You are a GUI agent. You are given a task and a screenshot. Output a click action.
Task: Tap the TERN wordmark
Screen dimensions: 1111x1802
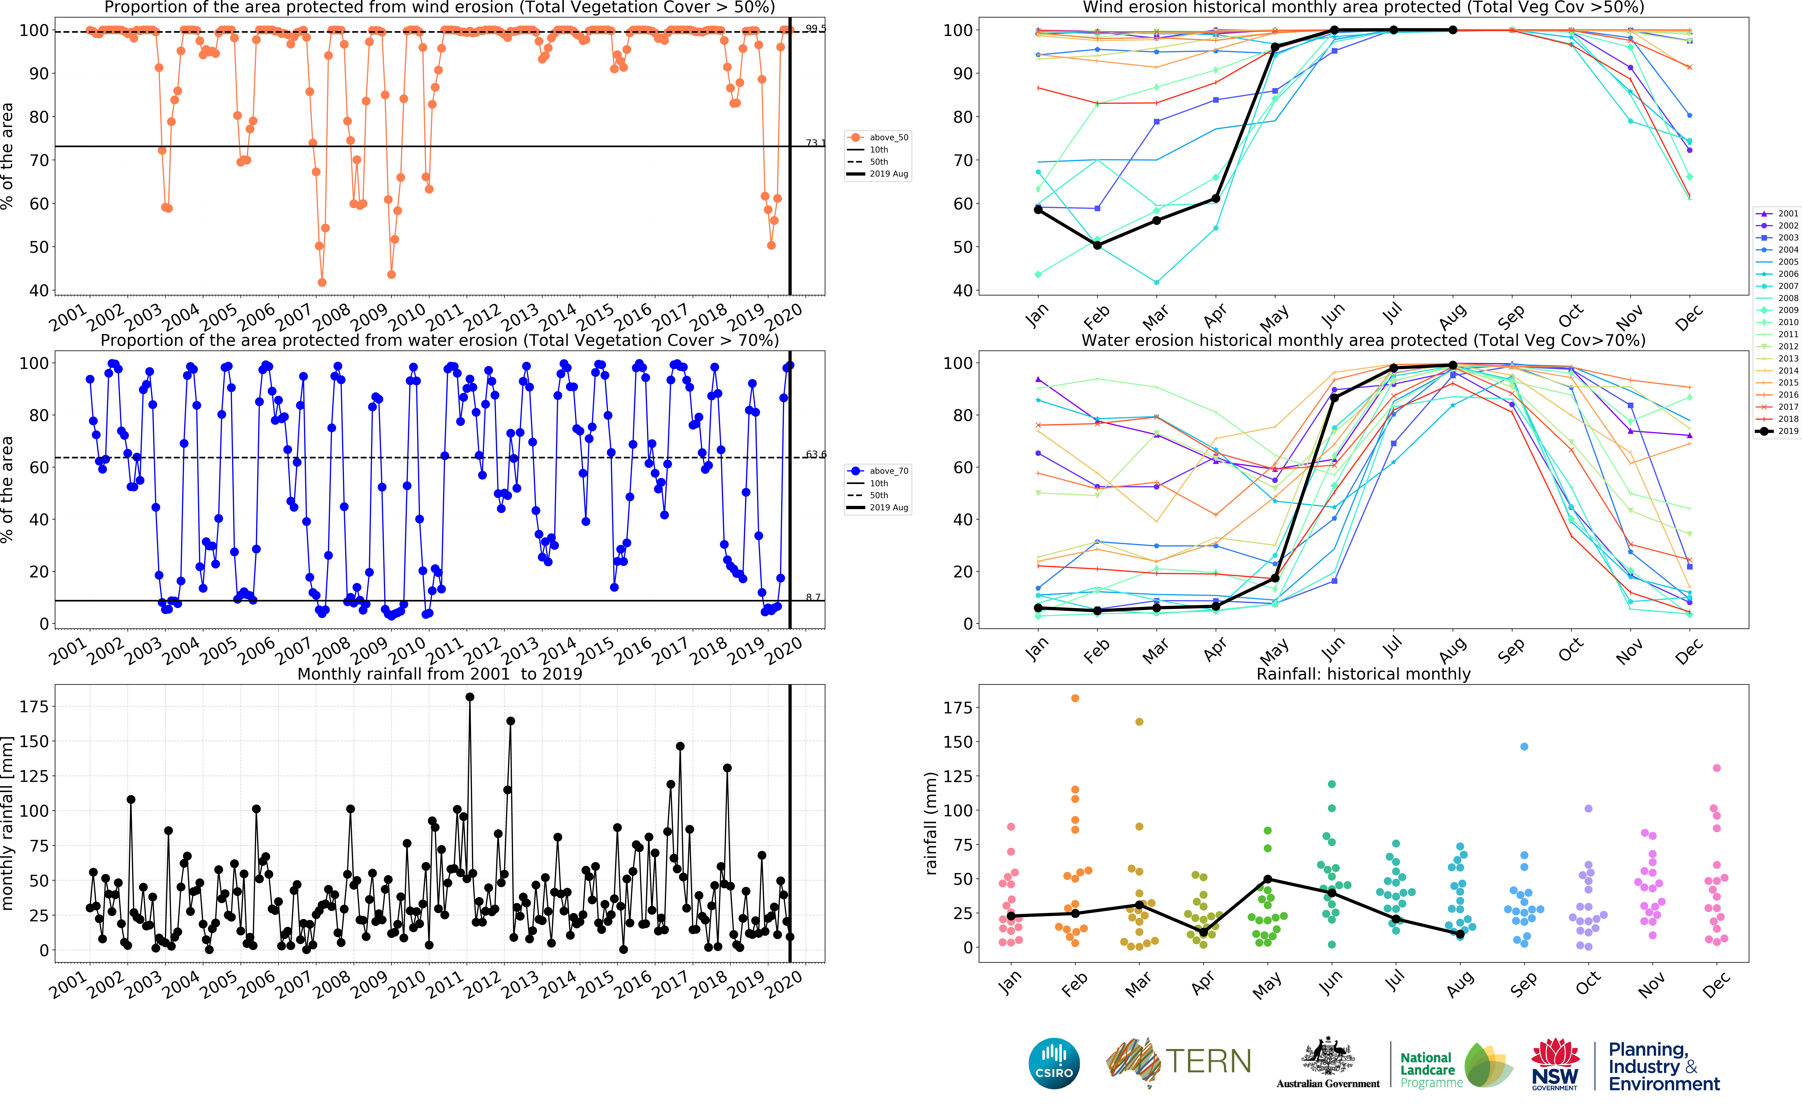coord(1208,1061)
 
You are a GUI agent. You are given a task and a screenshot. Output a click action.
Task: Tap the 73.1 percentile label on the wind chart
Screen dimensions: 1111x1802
coord(815,143)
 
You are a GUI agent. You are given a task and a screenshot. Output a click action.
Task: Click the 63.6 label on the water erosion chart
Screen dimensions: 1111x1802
coord(815,454)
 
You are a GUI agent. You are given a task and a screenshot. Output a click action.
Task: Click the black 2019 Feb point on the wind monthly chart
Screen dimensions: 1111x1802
coord(1097,245)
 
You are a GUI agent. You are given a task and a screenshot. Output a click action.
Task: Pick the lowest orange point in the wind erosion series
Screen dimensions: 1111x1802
coord(322,282)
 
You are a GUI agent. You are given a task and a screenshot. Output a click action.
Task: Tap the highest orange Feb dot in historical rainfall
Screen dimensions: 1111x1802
coord(1075,698)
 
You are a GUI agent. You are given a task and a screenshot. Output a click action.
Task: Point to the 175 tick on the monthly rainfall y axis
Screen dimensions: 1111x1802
coord(35,706)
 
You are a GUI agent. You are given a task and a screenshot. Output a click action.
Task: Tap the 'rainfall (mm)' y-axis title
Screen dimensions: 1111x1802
coord(931,823)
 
